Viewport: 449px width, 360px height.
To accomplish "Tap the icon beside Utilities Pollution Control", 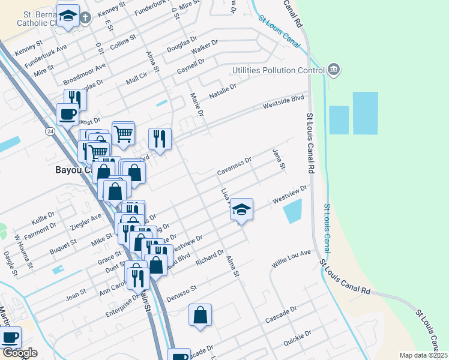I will click(x=334, y=71).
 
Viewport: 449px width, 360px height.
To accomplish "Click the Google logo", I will click(x=19, y=353).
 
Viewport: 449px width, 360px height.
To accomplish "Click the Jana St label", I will click(x=277, y=160).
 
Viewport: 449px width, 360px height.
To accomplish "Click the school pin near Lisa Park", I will click(x=241, y=210).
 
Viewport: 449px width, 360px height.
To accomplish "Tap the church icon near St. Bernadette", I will click(x=85, y=17).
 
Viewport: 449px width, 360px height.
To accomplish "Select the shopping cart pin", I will click(x=123, y=133).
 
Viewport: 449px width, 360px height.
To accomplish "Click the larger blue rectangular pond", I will click(x=365, y=113).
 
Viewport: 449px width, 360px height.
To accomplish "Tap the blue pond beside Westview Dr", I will click(x=292, y=211).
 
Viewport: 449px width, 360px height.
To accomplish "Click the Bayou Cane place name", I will click(x=72, y=170).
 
